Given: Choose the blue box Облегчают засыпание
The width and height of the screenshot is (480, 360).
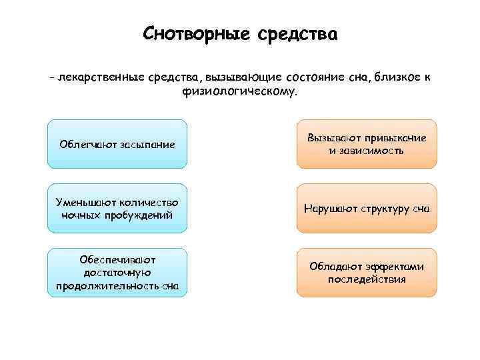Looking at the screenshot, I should (117, 144).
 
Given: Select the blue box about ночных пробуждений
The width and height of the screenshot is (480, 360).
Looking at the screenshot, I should (117, 208).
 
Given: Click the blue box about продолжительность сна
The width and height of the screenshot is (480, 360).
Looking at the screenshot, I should (117, 272).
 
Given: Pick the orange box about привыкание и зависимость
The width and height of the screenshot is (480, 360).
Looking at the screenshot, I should (366, 144).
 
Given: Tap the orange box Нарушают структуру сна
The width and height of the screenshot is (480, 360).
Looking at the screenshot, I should (366, 209).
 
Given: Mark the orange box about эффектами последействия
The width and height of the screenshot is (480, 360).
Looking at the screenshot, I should (366, 272).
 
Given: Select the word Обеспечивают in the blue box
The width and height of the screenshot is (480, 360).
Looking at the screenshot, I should (117, 259).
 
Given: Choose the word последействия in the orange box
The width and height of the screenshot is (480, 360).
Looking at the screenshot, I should (367, 279).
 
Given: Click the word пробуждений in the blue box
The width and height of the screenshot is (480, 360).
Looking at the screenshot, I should (142, 215).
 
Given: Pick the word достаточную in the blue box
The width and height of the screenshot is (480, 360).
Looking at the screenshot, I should (117, 273).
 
